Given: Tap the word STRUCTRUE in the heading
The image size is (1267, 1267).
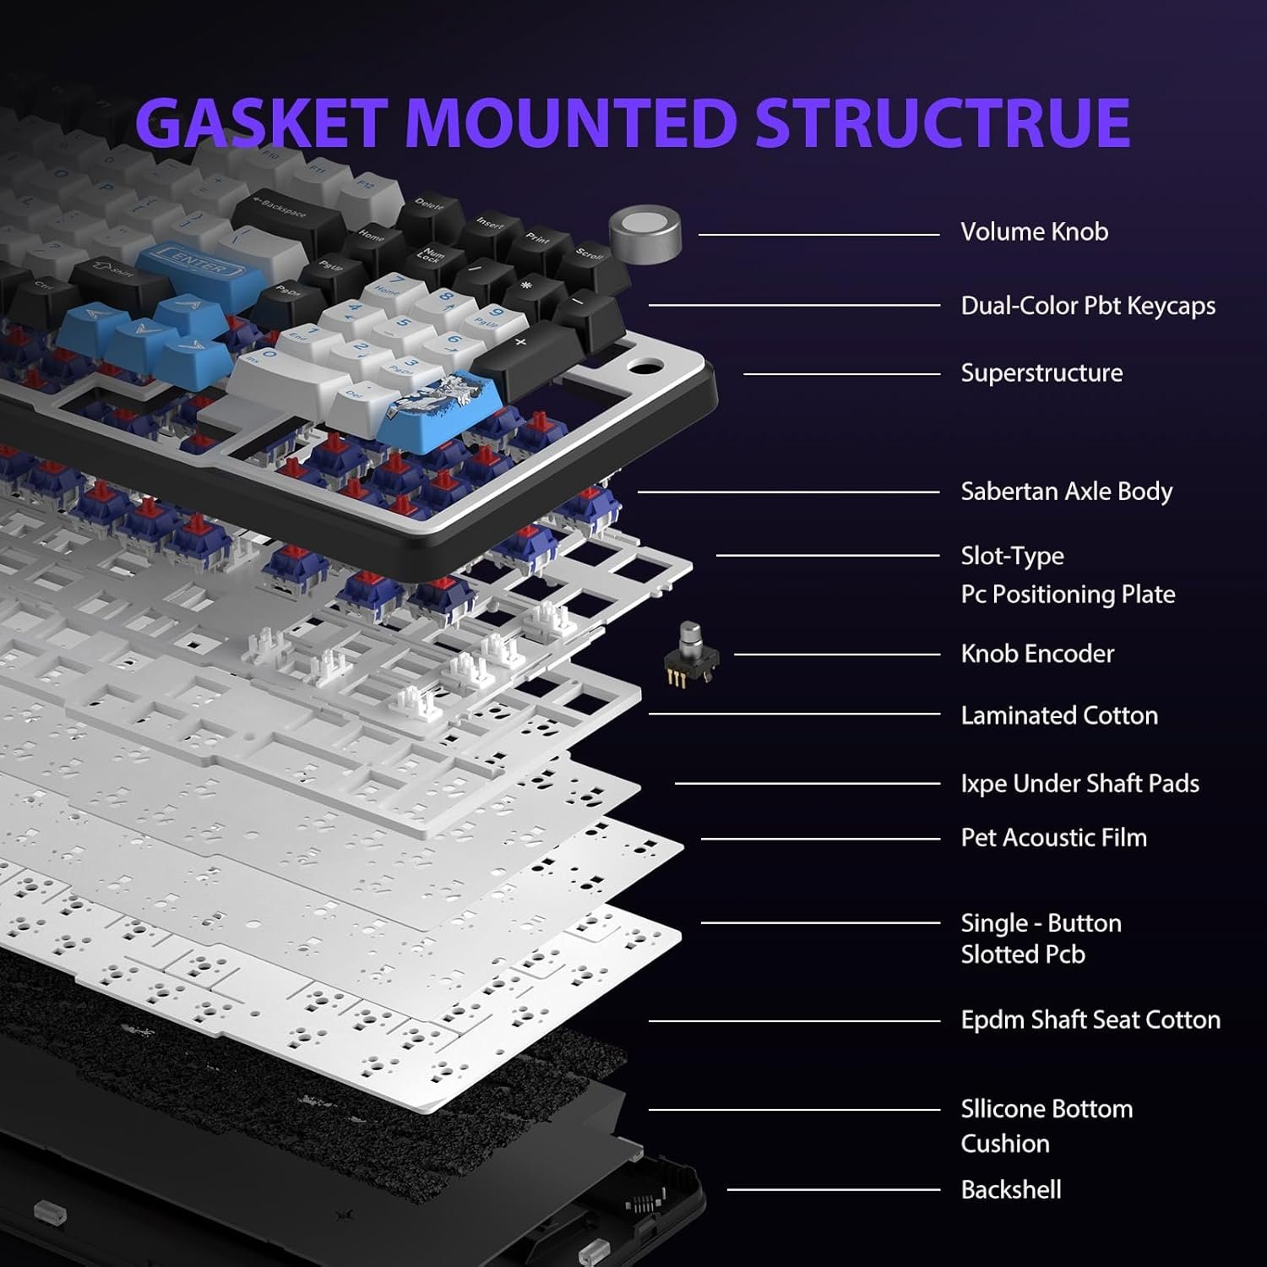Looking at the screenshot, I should coord(942,122).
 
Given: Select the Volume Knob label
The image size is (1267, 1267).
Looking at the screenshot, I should coord(1034,232).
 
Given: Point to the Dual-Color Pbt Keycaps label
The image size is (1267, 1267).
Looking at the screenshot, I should coord(1088,306).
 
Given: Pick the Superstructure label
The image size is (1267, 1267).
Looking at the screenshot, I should coord(1041,373).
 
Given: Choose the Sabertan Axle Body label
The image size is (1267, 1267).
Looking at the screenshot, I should coord(1066,492).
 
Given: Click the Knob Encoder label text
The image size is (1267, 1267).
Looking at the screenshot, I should coord(1037,654).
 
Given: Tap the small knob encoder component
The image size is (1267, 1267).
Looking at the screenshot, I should coord(691,655).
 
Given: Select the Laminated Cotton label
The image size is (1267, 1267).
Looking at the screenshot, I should coord(1059,715).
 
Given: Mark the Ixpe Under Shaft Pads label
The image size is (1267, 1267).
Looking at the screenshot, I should coord(1079,784).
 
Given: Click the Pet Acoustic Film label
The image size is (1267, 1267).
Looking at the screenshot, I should coord(1053,838).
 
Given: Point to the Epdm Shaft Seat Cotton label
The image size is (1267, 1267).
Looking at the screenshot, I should coord(1090,1020).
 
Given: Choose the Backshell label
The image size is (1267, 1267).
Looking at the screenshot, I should coord(1010,1190).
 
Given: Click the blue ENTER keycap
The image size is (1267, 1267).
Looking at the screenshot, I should coord(192,263).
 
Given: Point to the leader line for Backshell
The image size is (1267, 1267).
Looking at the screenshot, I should coord(834,1190).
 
